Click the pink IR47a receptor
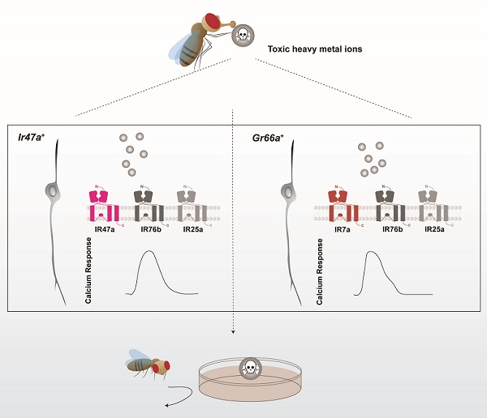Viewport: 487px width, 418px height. click(x=103, y=206)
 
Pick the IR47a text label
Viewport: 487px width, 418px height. click(x=103, y=231)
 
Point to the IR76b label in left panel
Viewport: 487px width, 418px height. click(x=149, y=231)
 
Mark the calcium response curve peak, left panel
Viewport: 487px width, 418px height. click(x=147, y=252)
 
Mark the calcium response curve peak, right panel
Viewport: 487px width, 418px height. click(x=373, y=253)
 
